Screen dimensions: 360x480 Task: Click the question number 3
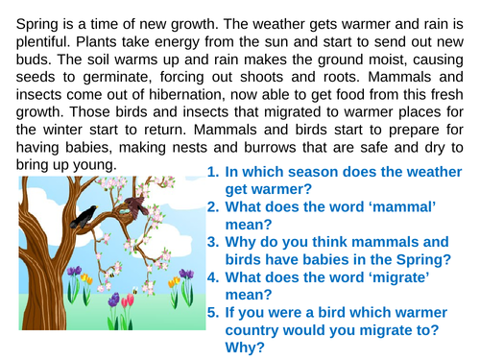[212, 242]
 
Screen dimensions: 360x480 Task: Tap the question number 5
[212, 312]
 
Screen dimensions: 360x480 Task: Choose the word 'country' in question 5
[256, 329]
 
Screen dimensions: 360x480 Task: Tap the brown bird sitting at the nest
[136, 204]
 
